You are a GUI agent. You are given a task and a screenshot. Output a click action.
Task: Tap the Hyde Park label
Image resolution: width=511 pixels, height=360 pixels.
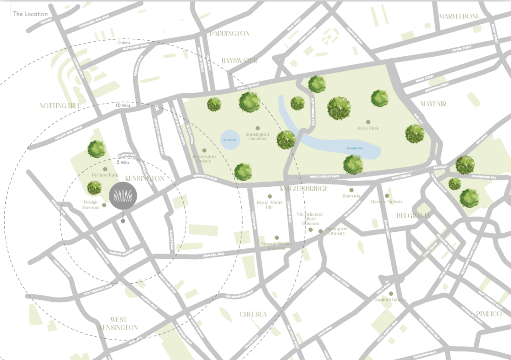tap(368, 128)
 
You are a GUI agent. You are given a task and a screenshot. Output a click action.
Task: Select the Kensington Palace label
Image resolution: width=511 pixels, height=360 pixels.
tap(204, 159)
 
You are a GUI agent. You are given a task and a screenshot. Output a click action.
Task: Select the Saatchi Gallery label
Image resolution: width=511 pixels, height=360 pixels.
tap(391, 299)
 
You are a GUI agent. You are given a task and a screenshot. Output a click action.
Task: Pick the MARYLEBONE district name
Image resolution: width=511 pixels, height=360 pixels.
tap(459, 17)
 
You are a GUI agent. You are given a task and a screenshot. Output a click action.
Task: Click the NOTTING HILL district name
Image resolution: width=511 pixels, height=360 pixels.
tap(60, 105)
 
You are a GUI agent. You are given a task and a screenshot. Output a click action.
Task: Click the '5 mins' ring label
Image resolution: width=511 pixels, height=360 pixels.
tap(122, 162)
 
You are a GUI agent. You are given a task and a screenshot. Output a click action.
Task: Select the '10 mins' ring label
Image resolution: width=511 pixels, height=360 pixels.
tap(123, 105)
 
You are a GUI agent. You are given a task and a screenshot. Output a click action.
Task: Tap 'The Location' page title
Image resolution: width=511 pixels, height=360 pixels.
tap(30, 14)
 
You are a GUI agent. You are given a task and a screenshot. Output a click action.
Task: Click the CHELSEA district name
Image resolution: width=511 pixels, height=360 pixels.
tap(253, 315)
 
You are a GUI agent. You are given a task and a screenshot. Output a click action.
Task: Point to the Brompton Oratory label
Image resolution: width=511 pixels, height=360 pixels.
tap(337, 231)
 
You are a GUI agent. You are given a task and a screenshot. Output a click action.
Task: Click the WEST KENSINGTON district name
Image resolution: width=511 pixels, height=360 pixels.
tap(118, 324)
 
